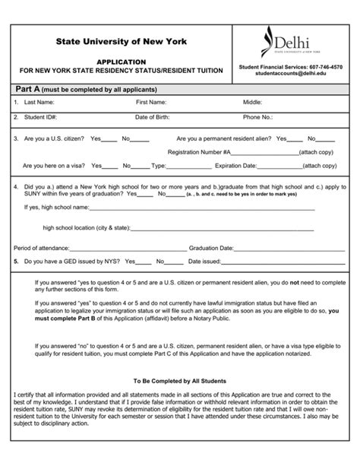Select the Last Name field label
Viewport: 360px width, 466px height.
coord(39,102)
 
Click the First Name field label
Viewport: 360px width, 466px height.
coord(153,102)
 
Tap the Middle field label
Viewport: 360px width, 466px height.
coord(253,102)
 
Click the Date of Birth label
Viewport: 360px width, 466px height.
coord(154,118)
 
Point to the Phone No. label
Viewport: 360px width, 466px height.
coord(257,118)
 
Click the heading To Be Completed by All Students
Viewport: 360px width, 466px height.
coord(179,381)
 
